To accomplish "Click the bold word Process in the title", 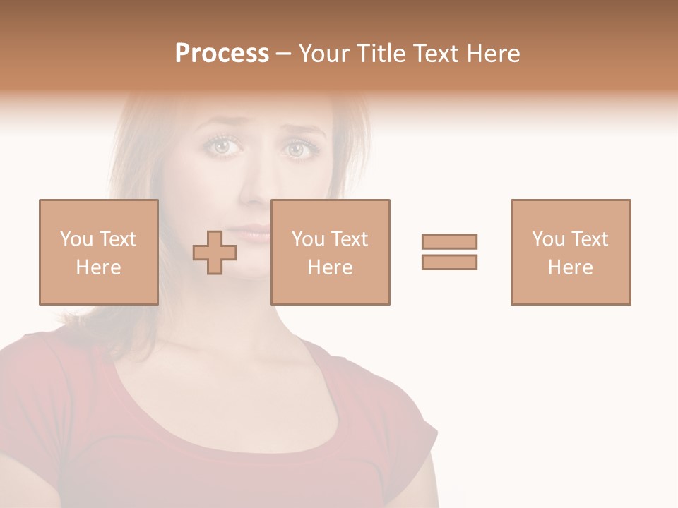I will coord(222,54).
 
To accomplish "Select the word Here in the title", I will coord(492,54).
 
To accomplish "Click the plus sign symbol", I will coord(215,252).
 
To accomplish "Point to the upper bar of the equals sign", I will coord(449,241).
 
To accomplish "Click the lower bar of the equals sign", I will coord(449,262).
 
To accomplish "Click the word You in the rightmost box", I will coord(547,239).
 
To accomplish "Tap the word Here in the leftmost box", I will coord(98,267).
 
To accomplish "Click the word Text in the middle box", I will coord(350,239).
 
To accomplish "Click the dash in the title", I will coord(284,54).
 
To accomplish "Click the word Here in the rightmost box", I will coord(570,267).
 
